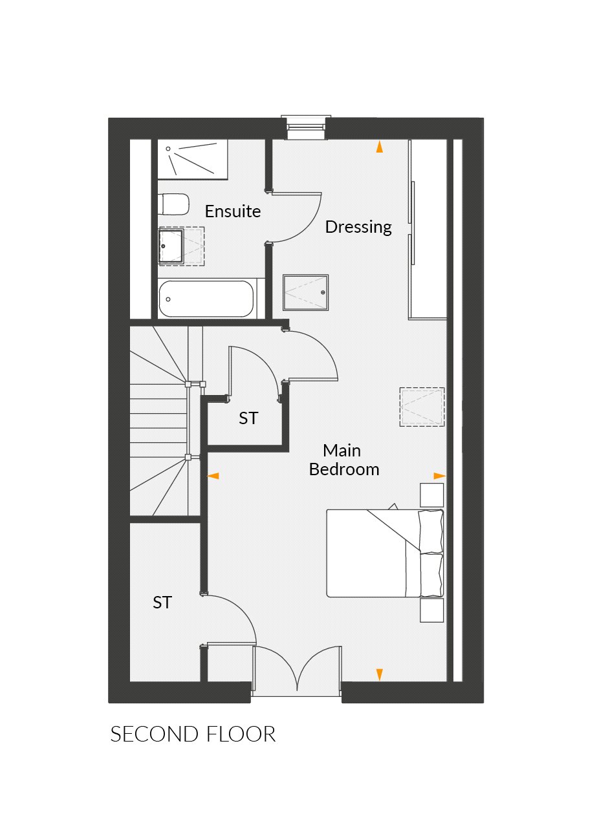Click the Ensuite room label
(x=233, y=211)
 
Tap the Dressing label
(x=358, y=227)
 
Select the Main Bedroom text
(x=343, y=460)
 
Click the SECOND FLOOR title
(x=193, y=734)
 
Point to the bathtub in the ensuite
(x=206, y=299)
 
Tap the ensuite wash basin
(x=171, y=246)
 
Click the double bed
(x=385, y=553)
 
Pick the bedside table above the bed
(x=432, y=496)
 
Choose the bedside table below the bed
(x=432, y=610)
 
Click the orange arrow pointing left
(x=213, y=476)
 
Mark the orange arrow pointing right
(x=439, y=476)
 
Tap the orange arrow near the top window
(x=380, y=147)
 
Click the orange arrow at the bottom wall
(x=380, y=674)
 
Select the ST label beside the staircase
(x=248, y=419)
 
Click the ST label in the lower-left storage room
(x=162, y=603)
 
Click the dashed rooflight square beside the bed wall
(x=422, y=407)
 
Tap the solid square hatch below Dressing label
(x=306, y=292)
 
